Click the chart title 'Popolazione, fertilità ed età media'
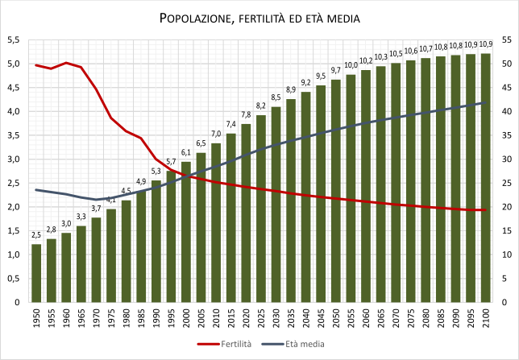259,17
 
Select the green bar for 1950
36,273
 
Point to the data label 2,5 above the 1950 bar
36,235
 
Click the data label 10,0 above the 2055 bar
351,66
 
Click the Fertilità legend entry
226,344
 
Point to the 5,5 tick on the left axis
14,39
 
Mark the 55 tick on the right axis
505,39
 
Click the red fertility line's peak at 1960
66,63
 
